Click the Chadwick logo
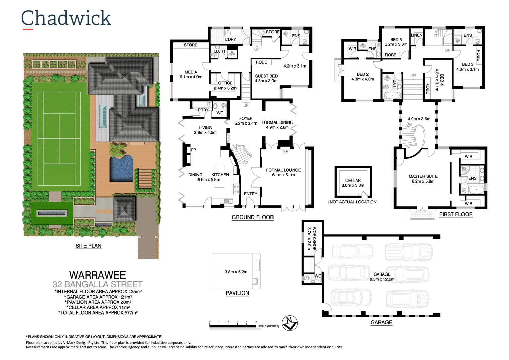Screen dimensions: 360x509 [x=66, y=18]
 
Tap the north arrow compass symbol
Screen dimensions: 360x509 [x=290, y=323]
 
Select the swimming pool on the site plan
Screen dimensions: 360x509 [x=121, y=168]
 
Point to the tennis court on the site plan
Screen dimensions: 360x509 [x=59, y=138]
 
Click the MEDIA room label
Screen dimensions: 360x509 [x=191, y=72]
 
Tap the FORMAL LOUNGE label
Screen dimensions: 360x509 [x=283, y=170]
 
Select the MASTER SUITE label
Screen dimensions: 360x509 [x=423, y=176]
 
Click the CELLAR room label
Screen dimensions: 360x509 [x=353, y=181]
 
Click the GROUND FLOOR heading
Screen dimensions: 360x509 [x=252, y=217]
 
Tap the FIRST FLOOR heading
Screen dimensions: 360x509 [x=456, y=214]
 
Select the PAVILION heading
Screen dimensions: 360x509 [x=237, y=293]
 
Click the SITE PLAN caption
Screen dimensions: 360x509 [x=89, y=246]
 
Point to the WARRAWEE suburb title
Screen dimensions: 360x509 [x=97, y=275]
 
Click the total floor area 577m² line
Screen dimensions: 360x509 [x=98, y=313]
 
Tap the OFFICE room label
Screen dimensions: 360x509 [x=225, y=83]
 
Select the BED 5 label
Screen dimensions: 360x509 [x=396, y=40]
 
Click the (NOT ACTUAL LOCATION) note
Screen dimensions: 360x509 [x=353, y=202]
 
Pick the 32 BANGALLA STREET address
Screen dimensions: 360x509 [x=97, y=284]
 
